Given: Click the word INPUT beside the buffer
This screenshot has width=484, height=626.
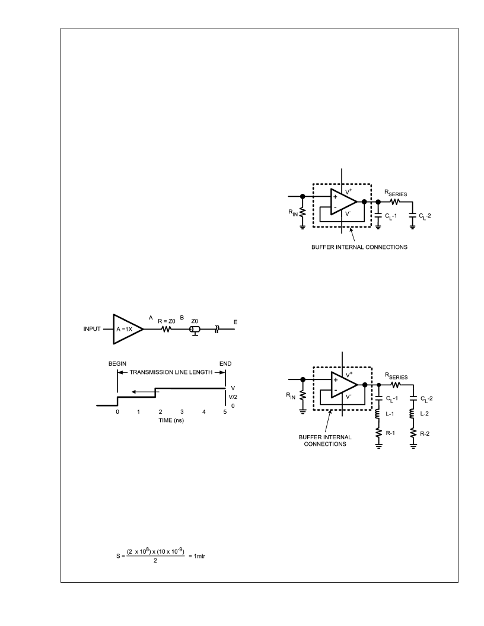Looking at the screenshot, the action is coord(92,329).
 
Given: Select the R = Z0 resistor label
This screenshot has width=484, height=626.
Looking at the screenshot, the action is coord(167,321).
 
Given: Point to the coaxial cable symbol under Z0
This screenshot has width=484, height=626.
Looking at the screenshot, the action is coord(195,330).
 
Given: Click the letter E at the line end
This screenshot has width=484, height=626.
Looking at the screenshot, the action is coord(235,322).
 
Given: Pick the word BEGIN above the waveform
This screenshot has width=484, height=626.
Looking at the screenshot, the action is coord(117,364).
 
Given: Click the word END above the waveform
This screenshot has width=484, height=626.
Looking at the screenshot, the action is coord(225,364).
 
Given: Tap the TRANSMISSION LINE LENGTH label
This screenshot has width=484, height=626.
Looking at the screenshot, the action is coord(171,372).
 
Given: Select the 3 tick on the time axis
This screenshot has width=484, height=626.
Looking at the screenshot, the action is coord(181,411).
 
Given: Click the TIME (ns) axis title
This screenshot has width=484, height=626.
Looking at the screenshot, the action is coord(171,420).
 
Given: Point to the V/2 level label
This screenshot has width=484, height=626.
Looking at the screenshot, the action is coord(233,397).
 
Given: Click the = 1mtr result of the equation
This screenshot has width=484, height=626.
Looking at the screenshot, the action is coord(197,555).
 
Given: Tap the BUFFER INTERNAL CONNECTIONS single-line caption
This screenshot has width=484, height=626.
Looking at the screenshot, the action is coord(359,247).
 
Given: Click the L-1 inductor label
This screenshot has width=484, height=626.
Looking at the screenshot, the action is coord(390,414).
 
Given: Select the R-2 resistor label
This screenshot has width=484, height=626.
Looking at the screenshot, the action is coord(425,433).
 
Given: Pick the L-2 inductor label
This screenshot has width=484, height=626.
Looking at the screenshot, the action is coord(425,414).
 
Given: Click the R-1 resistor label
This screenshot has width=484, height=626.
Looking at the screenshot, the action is coord(390,433).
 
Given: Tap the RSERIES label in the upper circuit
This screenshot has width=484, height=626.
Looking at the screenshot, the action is coord(396,193).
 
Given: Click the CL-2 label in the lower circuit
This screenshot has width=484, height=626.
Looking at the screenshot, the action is coord(426,399).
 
